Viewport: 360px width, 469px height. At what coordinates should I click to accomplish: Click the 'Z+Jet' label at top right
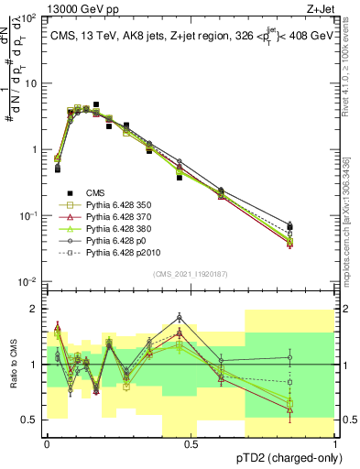tap(322, 8)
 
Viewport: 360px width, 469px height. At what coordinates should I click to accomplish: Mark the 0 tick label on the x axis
tap(46, 444)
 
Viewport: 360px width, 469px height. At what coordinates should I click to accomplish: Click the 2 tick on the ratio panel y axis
tap(34, 309)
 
